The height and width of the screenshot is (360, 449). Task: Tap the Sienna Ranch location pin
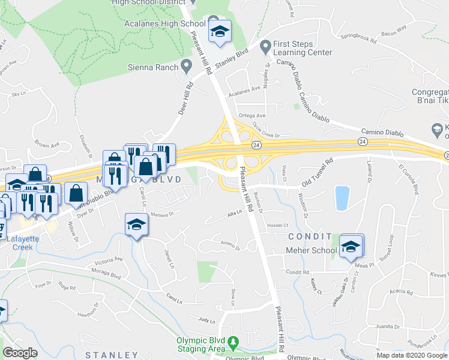coord(187,64)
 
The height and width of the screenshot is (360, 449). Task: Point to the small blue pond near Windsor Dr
coord(342,198)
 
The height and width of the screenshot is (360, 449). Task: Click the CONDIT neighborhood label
coord(309,236)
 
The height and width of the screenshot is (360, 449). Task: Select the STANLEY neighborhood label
coord(112,355)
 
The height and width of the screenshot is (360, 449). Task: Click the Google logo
coord(20,353)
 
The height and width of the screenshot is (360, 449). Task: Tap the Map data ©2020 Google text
coord(412,355)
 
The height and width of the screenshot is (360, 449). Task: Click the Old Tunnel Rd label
coord(317,172)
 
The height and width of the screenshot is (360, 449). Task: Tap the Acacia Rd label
coord(401,290)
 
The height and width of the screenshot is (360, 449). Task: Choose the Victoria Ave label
coord(109,262)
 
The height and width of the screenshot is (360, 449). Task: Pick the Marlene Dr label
coord(161,214)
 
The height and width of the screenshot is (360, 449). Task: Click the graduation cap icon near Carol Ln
coord(136,225)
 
